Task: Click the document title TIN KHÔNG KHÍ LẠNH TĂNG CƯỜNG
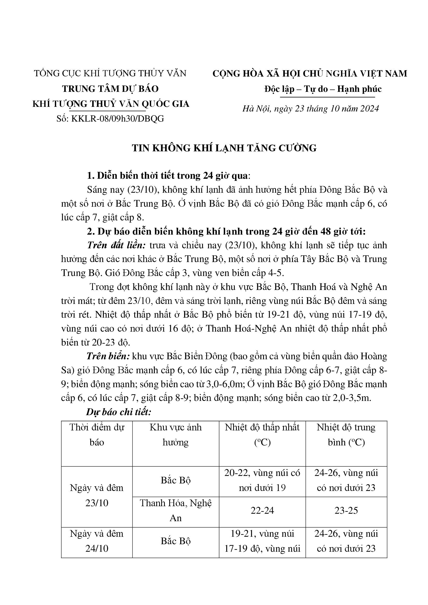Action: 224,148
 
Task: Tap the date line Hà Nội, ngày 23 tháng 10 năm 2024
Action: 311,109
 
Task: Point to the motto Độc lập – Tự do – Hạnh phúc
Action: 323,89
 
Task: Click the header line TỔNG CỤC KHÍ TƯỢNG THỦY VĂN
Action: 110,73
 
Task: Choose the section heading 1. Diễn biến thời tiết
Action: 168,175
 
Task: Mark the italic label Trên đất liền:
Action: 116,245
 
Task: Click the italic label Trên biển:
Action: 108,356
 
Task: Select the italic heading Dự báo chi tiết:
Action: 119,412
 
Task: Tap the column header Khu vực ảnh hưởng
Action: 175,435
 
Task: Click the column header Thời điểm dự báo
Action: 97,435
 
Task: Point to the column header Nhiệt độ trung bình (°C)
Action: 346,435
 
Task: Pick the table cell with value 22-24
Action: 262,511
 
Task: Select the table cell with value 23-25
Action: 346,511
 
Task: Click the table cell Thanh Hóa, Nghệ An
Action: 175,511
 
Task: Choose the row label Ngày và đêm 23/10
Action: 97,495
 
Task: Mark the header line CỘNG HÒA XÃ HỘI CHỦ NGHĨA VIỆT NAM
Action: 310,73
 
